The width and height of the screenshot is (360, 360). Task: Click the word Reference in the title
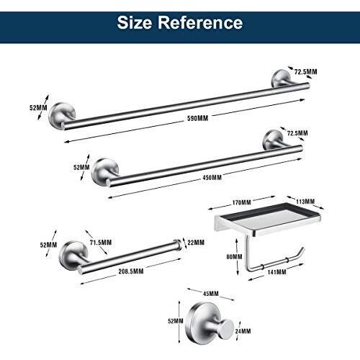[x=200, y=22]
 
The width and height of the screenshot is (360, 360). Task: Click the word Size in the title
[x=135, y=22]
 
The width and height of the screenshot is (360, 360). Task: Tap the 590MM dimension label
[x=197, y=118]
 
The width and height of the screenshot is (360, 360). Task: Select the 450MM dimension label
[x=212, y=178]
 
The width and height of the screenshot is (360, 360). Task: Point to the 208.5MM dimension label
[x=131, y=271]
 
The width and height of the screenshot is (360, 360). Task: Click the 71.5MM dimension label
[x=101, y=243]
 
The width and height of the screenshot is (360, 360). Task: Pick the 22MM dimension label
[x=196, y=243]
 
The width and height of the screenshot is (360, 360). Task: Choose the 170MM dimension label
[x=241, y=202]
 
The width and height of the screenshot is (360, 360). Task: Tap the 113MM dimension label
[x=305, y=202]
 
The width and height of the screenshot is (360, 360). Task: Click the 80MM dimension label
[x=234, y=257]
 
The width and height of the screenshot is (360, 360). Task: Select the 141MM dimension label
[x=276, y=272]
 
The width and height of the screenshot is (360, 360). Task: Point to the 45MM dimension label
[x=211, y=294]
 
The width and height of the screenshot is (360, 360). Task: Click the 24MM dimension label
[x=243, y=331]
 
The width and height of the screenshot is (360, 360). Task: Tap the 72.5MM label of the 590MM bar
[x=305, y=72]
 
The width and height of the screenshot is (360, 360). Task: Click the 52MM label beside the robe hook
[x=176, y=321]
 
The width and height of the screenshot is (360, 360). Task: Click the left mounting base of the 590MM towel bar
[x=62, y=116]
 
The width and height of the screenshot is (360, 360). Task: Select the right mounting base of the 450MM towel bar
[x=273, y=140]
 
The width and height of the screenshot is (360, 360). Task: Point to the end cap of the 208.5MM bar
[x=178, y=245]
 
